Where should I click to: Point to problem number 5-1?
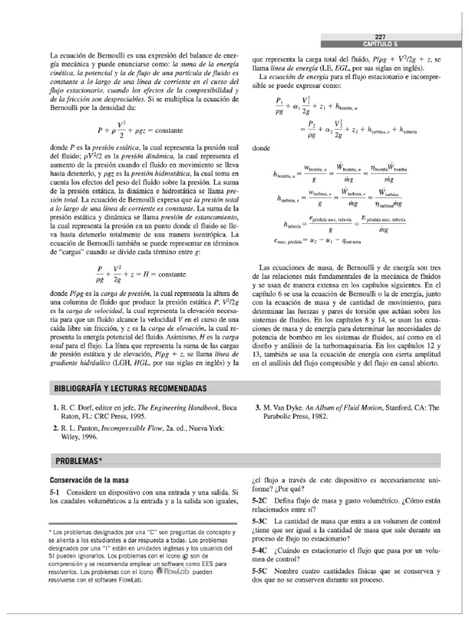point(57,492)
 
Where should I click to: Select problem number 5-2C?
point(261,499)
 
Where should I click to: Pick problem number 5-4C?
point(261,551)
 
